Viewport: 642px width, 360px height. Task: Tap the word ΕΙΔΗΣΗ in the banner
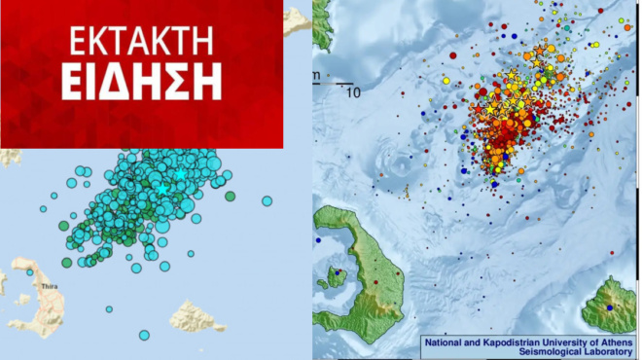(x=141, y=82)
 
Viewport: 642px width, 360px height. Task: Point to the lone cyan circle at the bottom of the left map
(x=144, y=336)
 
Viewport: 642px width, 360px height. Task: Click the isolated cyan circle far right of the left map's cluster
(x=267, y=201)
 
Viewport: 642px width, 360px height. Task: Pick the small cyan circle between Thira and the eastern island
(x=110, y=308)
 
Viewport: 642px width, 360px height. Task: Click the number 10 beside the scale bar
(x=353, y=93)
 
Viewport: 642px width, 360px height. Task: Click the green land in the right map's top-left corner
(x=322, y=24)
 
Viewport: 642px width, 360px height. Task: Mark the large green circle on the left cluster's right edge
(x=231, y=196)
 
